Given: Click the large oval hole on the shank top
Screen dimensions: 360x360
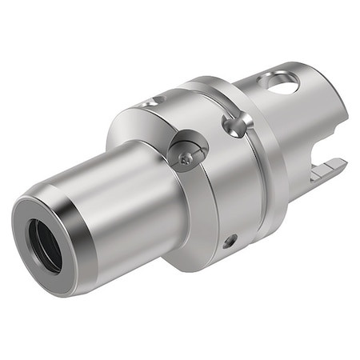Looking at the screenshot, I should pos(283,82).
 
